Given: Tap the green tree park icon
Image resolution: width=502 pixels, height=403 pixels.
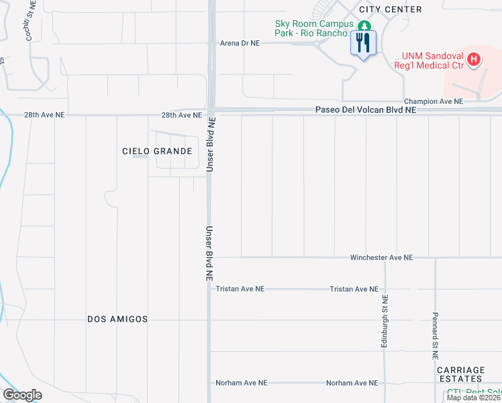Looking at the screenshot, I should [x=364, y=26].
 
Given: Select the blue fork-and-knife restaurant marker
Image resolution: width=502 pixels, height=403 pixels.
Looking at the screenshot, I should [x=364, y=44].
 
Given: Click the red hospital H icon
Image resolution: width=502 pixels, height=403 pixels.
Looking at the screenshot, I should [x=474, y=60].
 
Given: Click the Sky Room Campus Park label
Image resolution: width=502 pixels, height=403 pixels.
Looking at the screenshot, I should [x=313, y=28].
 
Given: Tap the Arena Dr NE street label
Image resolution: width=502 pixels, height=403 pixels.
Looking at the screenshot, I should [x=240, y=43].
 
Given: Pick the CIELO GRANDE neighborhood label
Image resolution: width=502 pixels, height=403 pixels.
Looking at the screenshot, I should [x=157, y=151].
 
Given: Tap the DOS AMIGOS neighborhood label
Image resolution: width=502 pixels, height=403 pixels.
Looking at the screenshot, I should [x=117, y=320].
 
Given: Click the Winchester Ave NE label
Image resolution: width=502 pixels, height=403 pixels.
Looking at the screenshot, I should [x=381, y=258].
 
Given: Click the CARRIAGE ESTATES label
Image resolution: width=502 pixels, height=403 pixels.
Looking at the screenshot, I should [x=460, y=375].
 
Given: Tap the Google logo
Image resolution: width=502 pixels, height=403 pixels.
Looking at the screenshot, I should [x=22, y=395].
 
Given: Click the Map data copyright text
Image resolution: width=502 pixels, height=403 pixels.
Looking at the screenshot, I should [x=474, y=398].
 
